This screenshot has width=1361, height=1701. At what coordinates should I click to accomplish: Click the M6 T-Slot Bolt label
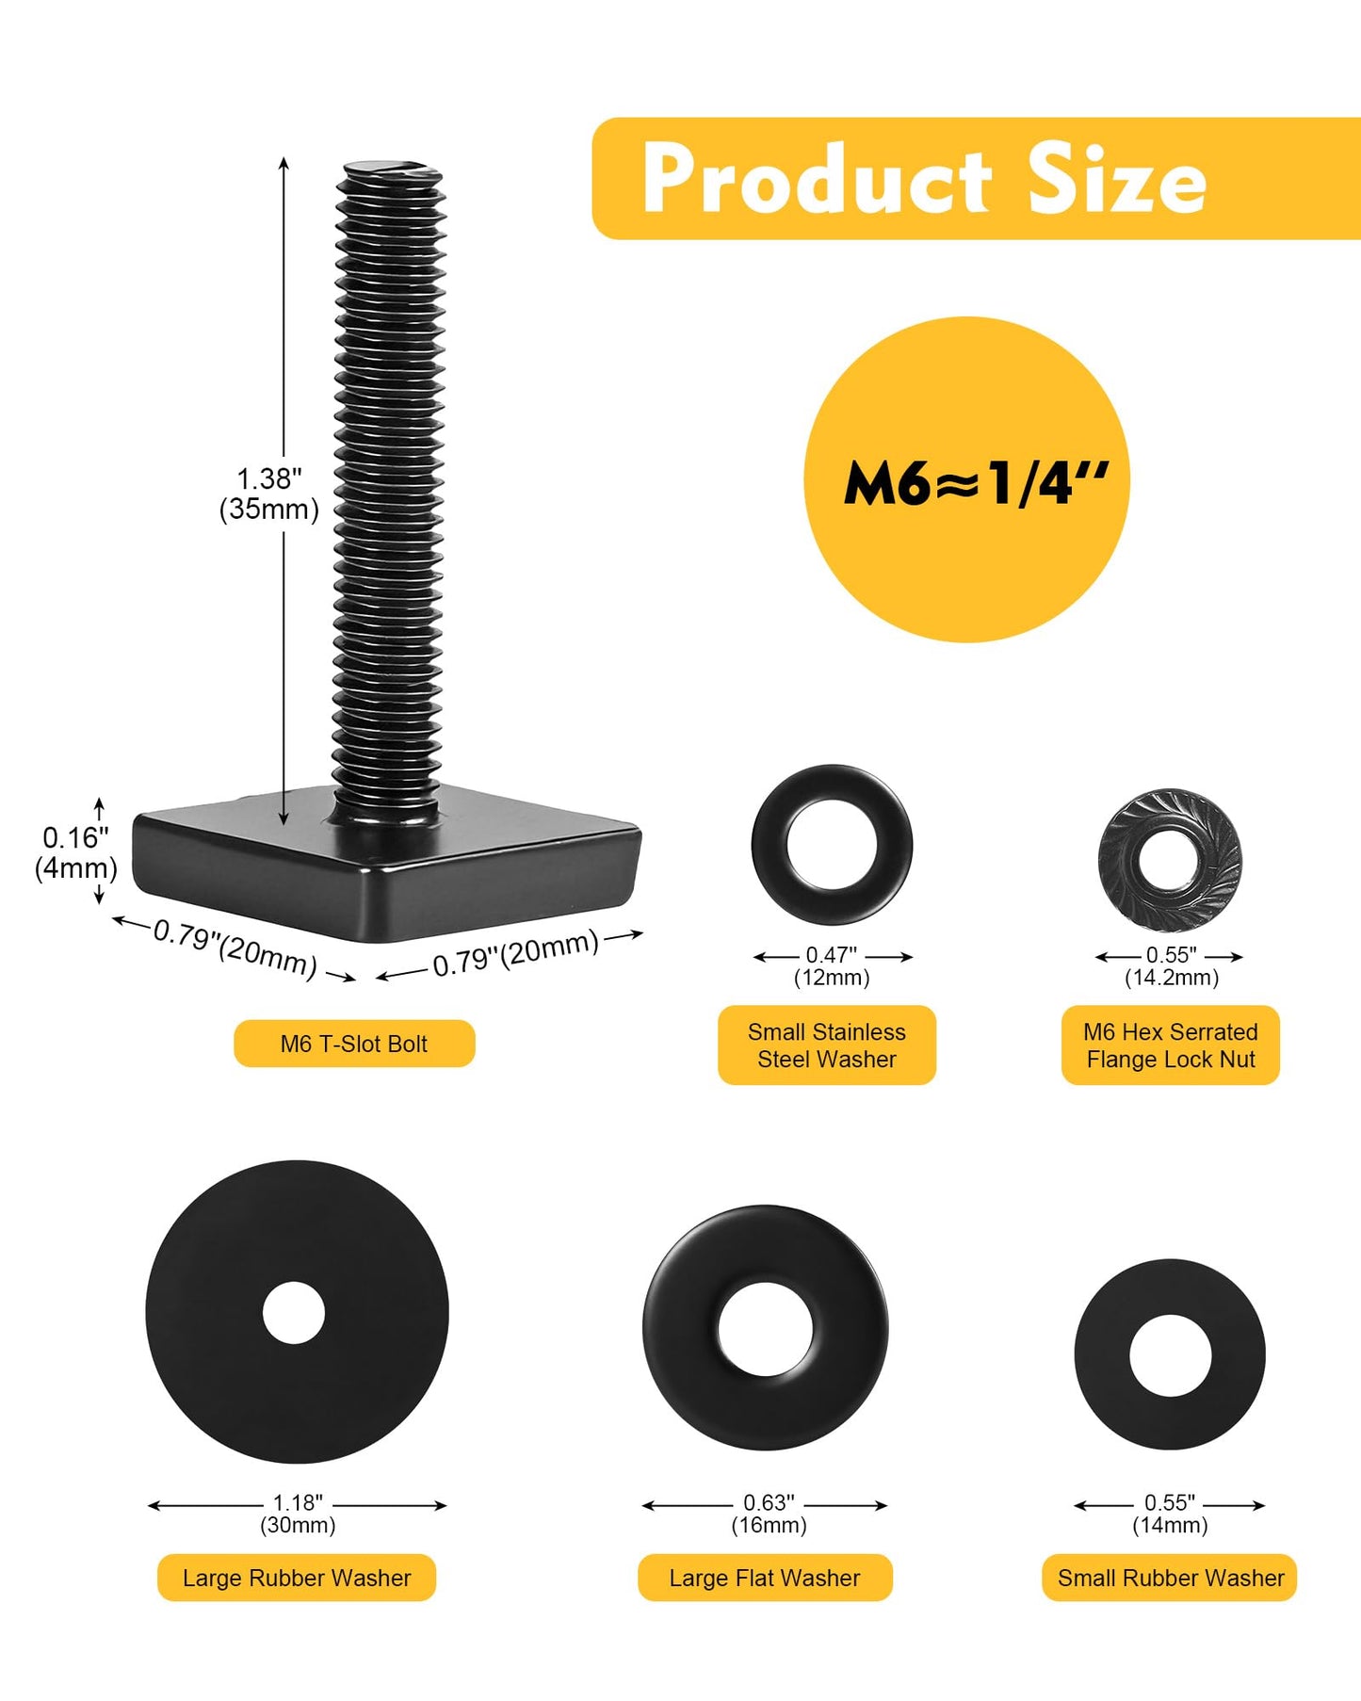(354, 1044)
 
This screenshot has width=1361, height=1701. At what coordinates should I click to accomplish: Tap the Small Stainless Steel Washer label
(827, 1045)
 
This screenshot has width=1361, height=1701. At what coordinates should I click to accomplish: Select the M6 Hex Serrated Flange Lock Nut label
(1171, 1045)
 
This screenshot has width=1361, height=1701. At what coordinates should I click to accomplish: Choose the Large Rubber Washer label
(297, 1578)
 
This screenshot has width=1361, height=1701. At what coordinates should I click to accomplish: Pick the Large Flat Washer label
(765, 1578)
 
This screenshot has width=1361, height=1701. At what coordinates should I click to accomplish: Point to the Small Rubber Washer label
(1170, 1578)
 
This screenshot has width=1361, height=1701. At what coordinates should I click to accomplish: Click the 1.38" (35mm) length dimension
(269, 494)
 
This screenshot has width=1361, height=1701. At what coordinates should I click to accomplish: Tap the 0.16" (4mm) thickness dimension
(76, 852)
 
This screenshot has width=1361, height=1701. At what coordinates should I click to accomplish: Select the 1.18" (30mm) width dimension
(298, 1514)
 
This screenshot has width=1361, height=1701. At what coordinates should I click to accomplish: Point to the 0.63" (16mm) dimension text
(769, 1514)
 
